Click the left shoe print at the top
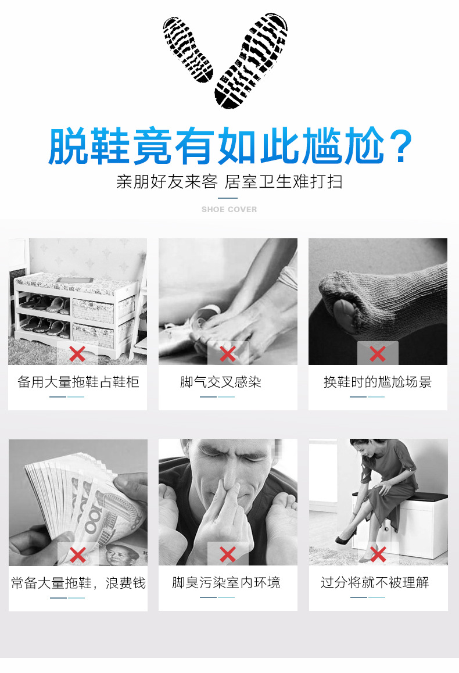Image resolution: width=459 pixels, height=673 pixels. (188, 49)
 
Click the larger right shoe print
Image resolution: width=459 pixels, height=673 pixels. (251, 60)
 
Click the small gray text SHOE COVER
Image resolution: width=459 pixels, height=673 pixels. (229, 209)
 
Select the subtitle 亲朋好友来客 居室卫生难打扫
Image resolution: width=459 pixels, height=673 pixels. (229, 181)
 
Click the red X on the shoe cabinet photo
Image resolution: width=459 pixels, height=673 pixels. (77, 354)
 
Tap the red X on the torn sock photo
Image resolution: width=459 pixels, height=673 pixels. (378, 354)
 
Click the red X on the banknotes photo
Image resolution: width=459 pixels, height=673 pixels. (78, 555)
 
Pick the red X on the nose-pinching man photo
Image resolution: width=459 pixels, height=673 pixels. (228, 554)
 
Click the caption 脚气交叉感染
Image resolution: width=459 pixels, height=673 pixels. (221, 382)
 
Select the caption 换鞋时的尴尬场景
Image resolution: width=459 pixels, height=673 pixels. (378, 382)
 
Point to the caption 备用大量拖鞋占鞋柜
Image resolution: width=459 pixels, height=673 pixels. (78, 382)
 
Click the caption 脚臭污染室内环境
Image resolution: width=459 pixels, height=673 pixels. (226, 582)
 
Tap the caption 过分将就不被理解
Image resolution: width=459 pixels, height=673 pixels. (375, 582)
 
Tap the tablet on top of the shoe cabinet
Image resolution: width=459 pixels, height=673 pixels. (76, 280)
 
